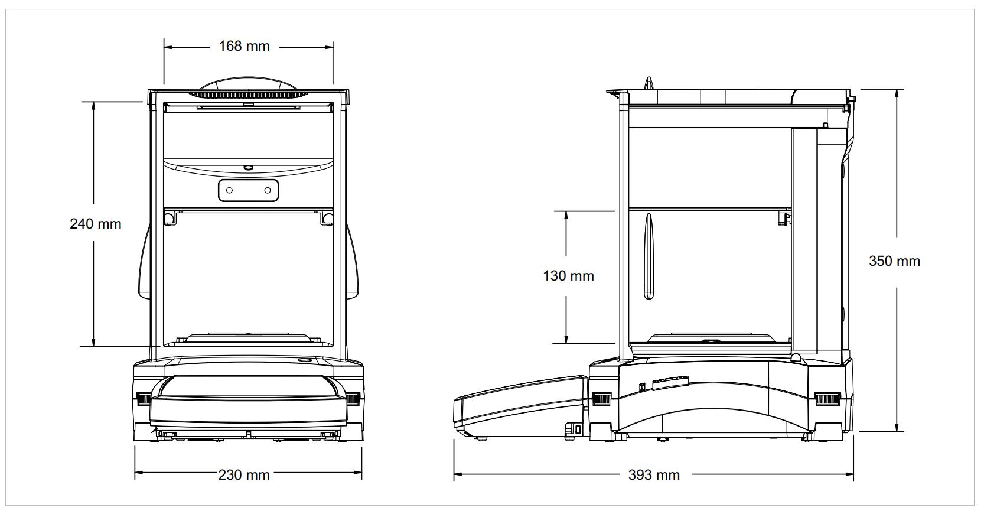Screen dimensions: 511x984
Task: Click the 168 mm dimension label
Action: (x=244, y=46)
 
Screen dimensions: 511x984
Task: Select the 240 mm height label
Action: (x=95, y=224)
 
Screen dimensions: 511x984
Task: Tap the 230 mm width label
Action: (x=244, y=474)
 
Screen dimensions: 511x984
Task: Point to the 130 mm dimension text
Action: (x=568, y=276)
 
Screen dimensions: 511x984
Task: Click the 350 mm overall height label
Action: (x=894, y=261)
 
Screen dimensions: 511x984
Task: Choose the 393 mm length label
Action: (x=654, y=474)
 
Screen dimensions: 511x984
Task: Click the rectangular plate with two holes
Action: (x=248, y=190)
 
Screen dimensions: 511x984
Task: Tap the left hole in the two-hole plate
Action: (x=230, y=190)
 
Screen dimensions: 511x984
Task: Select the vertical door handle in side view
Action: (x=649, y=257)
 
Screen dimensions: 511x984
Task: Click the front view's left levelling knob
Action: (x=144, y=399)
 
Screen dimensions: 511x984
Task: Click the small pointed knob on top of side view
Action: (x=649, y=83)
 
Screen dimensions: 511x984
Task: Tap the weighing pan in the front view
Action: (x=248, y=337)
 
